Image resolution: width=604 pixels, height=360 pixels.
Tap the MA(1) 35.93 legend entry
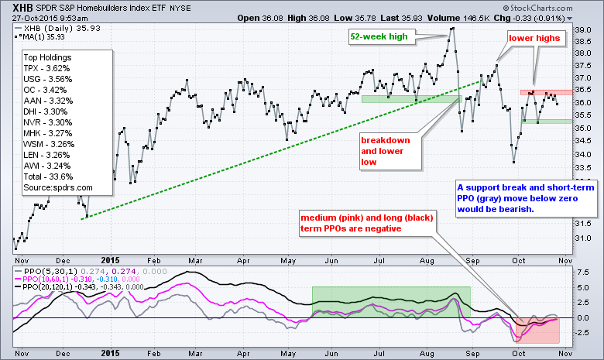[x=43, y=35]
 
